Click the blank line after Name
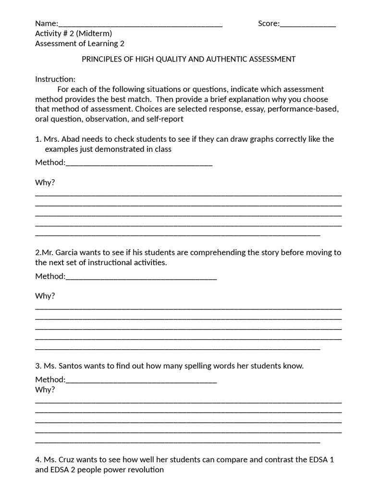click(140, 25)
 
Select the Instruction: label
click(55, 79)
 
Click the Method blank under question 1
click(139, 163)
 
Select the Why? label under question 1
click(45, 183)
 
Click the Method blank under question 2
click(141, 277)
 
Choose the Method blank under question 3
click(141, 381)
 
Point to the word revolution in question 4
click(147, 470)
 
